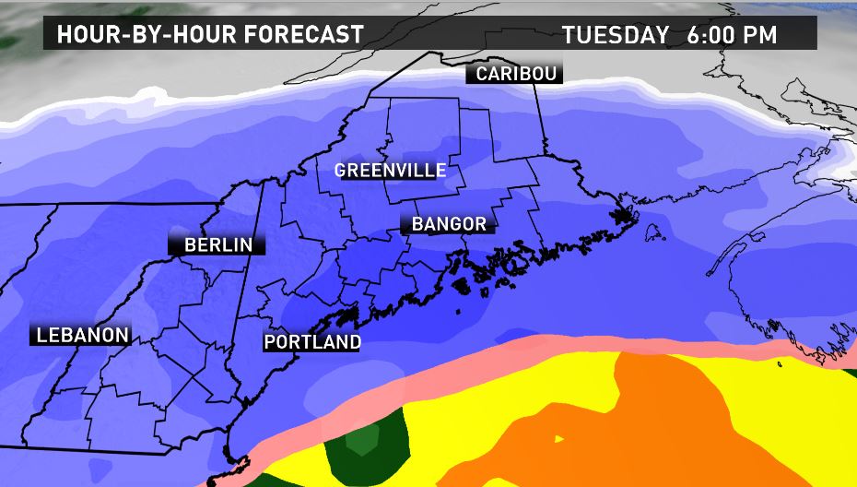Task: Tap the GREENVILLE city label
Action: pos(390,171)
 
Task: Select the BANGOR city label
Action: pos(449,224)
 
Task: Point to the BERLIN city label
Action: pos(217,244)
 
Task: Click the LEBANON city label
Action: pos(81,335)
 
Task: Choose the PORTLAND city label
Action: pos(311,342)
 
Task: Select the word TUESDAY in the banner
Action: pos(616,35)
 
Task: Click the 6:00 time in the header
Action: pos(713,35)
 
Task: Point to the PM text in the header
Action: pos(763,35)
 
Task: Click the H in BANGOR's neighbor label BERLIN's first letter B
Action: pos(190,244)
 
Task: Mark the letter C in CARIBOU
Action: pos(480,74)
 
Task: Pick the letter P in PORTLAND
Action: pos(270,342)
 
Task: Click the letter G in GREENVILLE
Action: pos(340,171)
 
